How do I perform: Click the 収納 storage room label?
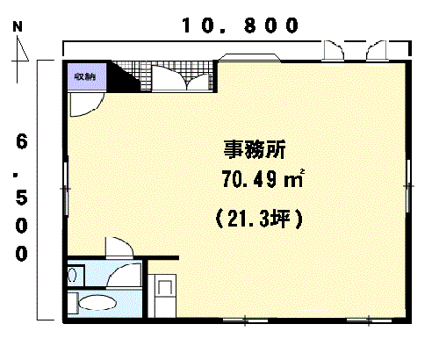pyautogui.click(x=85, y=77)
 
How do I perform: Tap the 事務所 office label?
pyautogui.click(x=255, y=149)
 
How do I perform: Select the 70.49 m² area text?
pyautogui.click(x=263, y=178)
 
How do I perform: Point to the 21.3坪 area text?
pyautogui.click(x=259, y=219)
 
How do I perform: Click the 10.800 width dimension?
pyautogui.click(x=241, y=25)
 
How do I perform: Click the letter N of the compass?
pyautogui.click(x=18, y=26)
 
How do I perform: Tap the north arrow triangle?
pyautogui.click(x=22, y=49)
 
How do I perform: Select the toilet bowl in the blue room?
pyautogui.click(x=97, y=302)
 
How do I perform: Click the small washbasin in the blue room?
pyautogui.click(x=72, y=275)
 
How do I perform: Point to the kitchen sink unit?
pyautogui.click(x=162, y=296)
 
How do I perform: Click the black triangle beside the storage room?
pyautogui.click(x=123, y=76)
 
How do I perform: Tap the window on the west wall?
pyautogui.click(x=66, y=186)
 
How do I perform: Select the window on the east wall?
pyautogui.click(x=408, y=185)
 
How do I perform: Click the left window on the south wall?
pyautogui.click(x=245, y=320)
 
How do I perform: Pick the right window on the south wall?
pyautogui.click(x=369, y=320)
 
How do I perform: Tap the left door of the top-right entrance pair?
pyautogui.click(x=333, y=51)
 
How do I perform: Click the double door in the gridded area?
pyautogui.click(x=182, y=78)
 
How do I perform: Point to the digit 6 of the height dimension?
pyautogui.click(x=22, y=141)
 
